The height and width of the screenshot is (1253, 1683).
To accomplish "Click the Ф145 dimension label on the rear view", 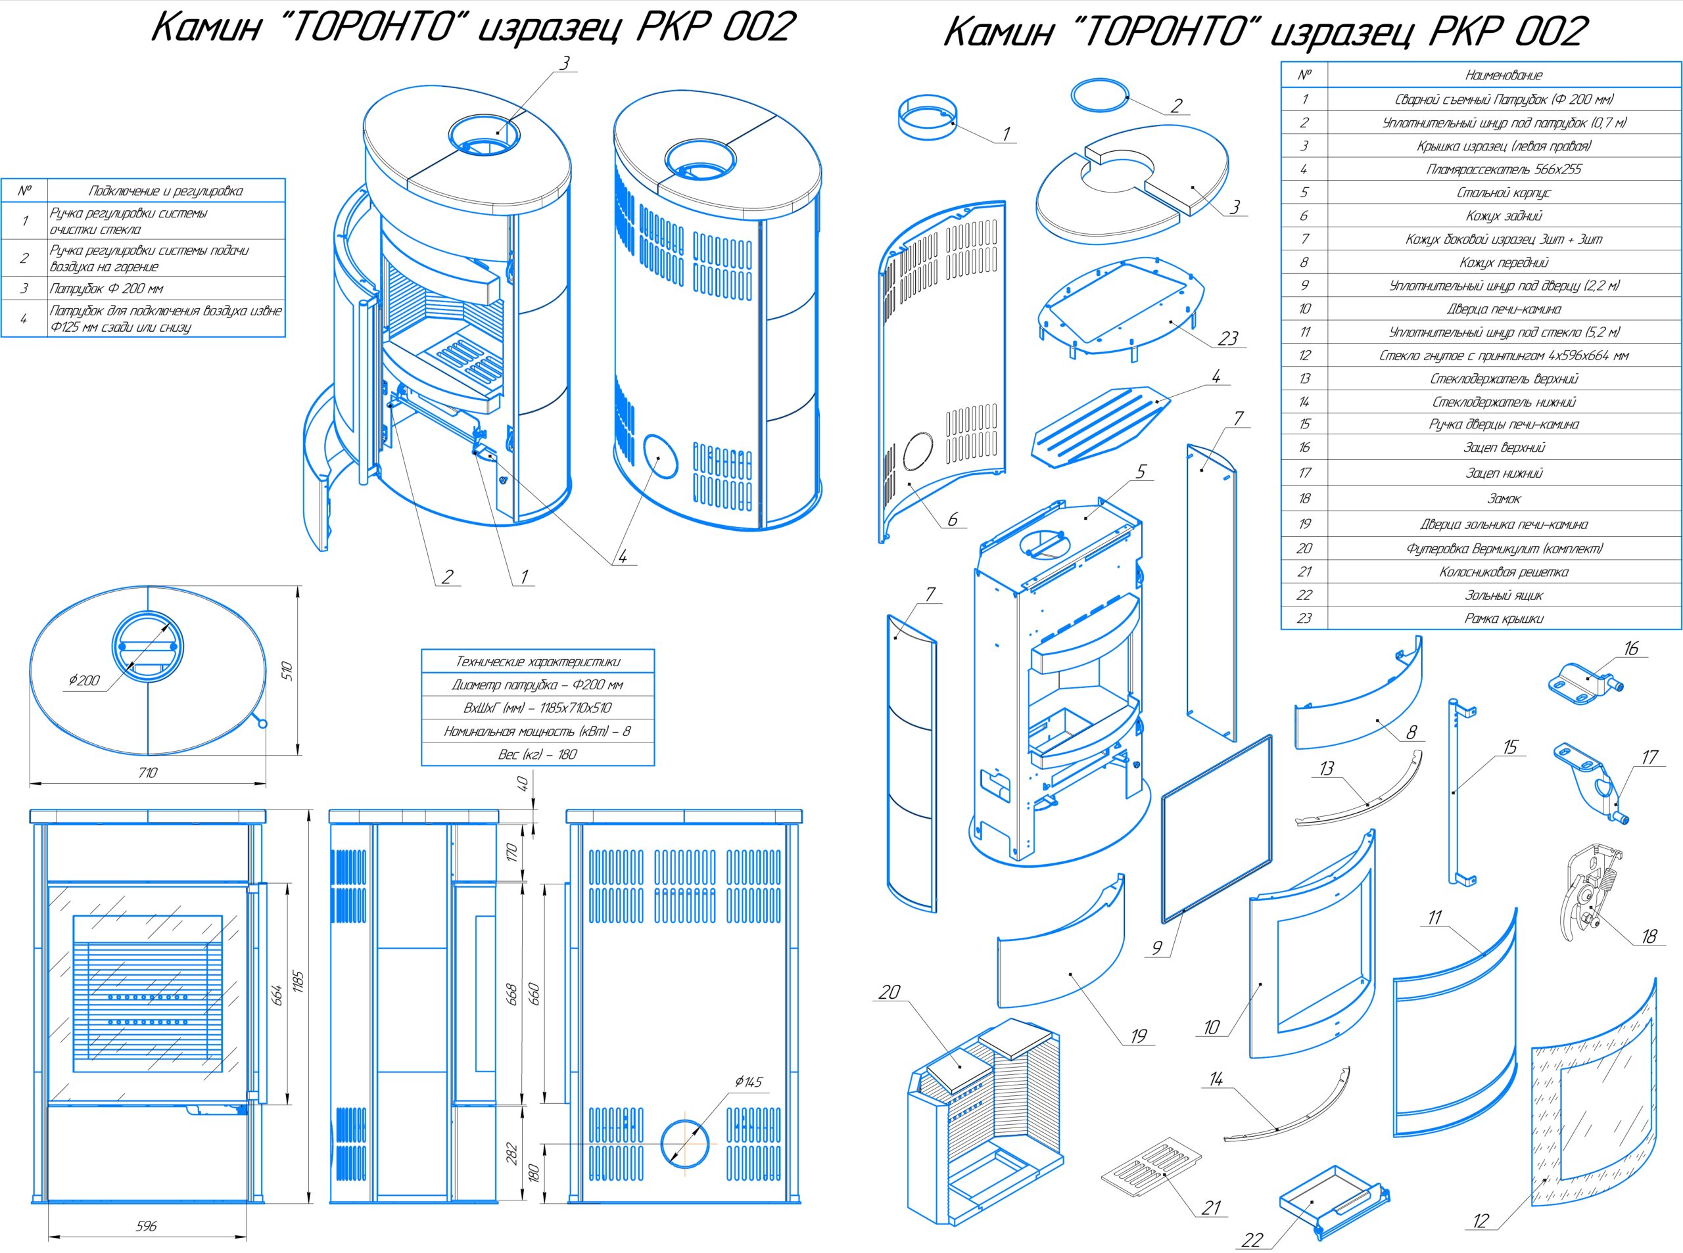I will point(748,1082).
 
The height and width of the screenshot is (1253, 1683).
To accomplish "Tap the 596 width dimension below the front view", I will point(147,1225).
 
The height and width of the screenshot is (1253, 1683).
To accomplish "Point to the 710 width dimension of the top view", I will point(148,773).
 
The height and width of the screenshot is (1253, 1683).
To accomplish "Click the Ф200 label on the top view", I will point(83,680).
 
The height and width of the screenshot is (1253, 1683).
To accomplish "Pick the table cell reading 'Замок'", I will point(1503,498).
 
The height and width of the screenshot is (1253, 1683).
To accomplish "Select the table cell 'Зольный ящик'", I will point(1503,595).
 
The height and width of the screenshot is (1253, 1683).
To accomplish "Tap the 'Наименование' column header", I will point(1503,75).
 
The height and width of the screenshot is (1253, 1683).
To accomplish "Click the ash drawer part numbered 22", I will point(1332,1199).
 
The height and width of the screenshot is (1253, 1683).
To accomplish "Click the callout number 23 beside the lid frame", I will point(1227,338).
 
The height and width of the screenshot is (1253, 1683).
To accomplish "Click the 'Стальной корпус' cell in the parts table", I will point(1503,193).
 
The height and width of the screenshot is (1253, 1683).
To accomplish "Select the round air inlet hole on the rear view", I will point(687,1143).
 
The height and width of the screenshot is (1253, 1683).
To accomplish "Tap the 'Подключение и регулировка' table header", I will point(166,191).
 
